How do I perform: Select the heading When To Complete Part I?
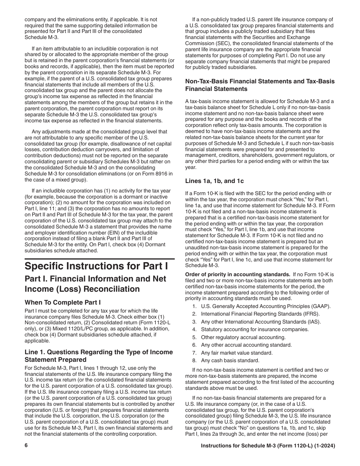(x=63, y=302)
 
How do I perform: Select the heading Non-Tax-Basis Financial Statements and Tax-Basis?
(x=260, y=81)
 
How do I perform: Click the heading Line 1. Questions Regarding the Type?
(x=99, y=352)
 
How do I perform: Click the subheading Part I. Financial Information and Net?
(x=95, y=279)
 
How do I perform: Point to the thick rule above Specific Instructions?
(x=99, y=259)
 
